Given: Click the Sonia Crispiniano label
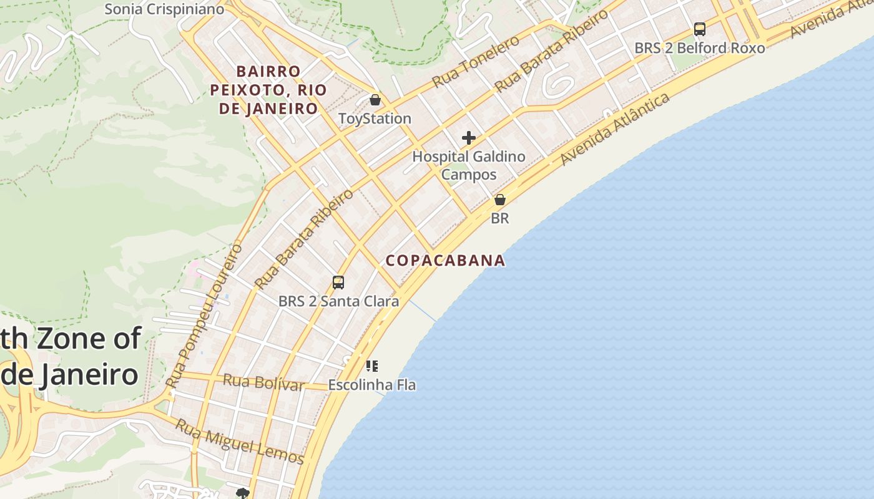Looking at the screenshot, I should click(x=164, y=9).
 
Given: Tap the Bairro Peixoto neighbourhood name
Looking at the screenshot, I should click(x=268, y=90).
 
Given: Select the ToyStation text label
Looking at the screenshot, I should click(x=375, y=119).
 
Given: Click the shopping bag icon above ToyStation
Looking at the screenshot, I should click(x=375, y=100).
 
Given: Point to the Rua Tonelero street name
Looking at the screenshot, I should click(x=476, y=61).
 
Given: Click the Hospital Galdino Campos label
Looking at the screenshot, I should click(x=469, y=165).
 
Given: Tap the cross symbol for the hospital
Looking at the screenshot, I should click(x=469, y=138).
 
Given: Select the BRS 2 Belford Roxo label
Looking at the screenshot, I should click(x=699, y=48).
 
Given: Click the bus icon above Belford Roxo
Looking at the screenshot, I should click(x=700, y=29).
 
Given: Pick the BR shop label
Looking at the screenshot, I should click(x=500, y=218).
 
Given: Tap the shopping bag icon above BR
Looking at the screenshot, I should click(x=500, y=200).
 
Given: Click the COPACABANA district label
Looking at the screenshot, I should click(x=445, y=260).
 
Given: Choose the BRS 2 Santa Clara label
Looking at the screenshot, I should click(x=338, y=301).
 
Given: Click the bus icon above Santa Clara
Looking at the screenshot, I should click(x=338, y=283).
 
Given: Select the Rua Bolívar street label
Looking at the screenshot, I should click(x=263, y=382).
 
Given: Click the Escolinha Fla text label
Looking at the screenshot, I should click(x=372, y=385).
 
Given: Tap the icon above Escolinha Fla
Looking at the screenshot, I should click(x=372, y=366).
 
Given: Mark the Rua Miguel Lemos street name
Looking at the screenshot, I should click(x=239, y=442).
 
